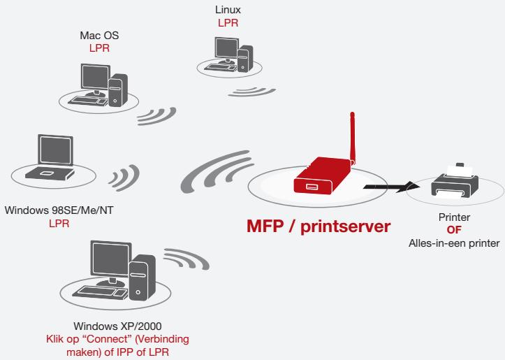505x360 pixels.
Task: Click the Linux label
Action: tap(228, 10)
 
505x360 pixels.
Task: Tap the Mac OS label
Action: tap(99, 35)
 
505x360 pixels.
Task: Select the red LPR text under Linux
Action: tap(228, 23)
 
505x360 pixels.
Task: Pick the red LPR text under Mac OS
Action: tap(99, 48)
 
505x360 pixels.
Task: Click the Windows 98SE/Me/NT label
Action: tap(59, 210)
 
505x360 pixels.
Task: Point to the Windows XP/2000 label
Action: tap(117, 326)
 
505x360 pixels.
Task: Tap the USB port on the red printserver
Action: tap(312, 186)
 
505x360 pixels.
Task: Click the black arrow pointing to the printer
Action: tap(391, 187)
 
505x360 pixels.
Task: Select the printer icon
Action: tap(455, 181)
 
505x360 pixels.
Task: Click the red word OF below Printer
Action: tap(454, 230)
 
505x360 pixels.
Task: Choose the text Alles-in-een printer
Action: tap(454, 243)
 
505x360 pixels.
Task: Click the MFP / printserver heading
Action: tap(319, 226)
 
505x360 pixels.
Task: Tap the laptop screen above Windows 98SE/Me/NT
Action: tap(55, 150)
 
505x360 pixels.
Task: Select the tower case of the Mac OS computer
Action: tap(118, 90)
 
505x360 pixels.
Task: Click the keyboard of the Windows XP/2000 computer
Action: tap(96, 292)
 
